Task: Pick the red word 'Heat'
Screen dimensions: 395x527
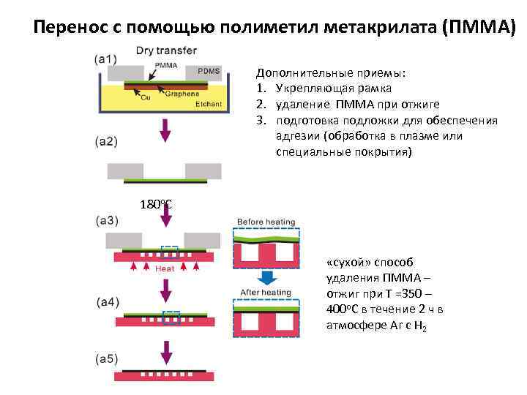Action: pyautogui.click(x=165, y=268)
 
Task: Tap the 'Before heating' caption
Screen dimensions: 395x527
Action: pyautogui.click(x=265, y=222)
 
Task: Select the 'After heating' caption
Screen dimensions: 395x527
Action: pyautogui.click(x=265, y=293)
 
